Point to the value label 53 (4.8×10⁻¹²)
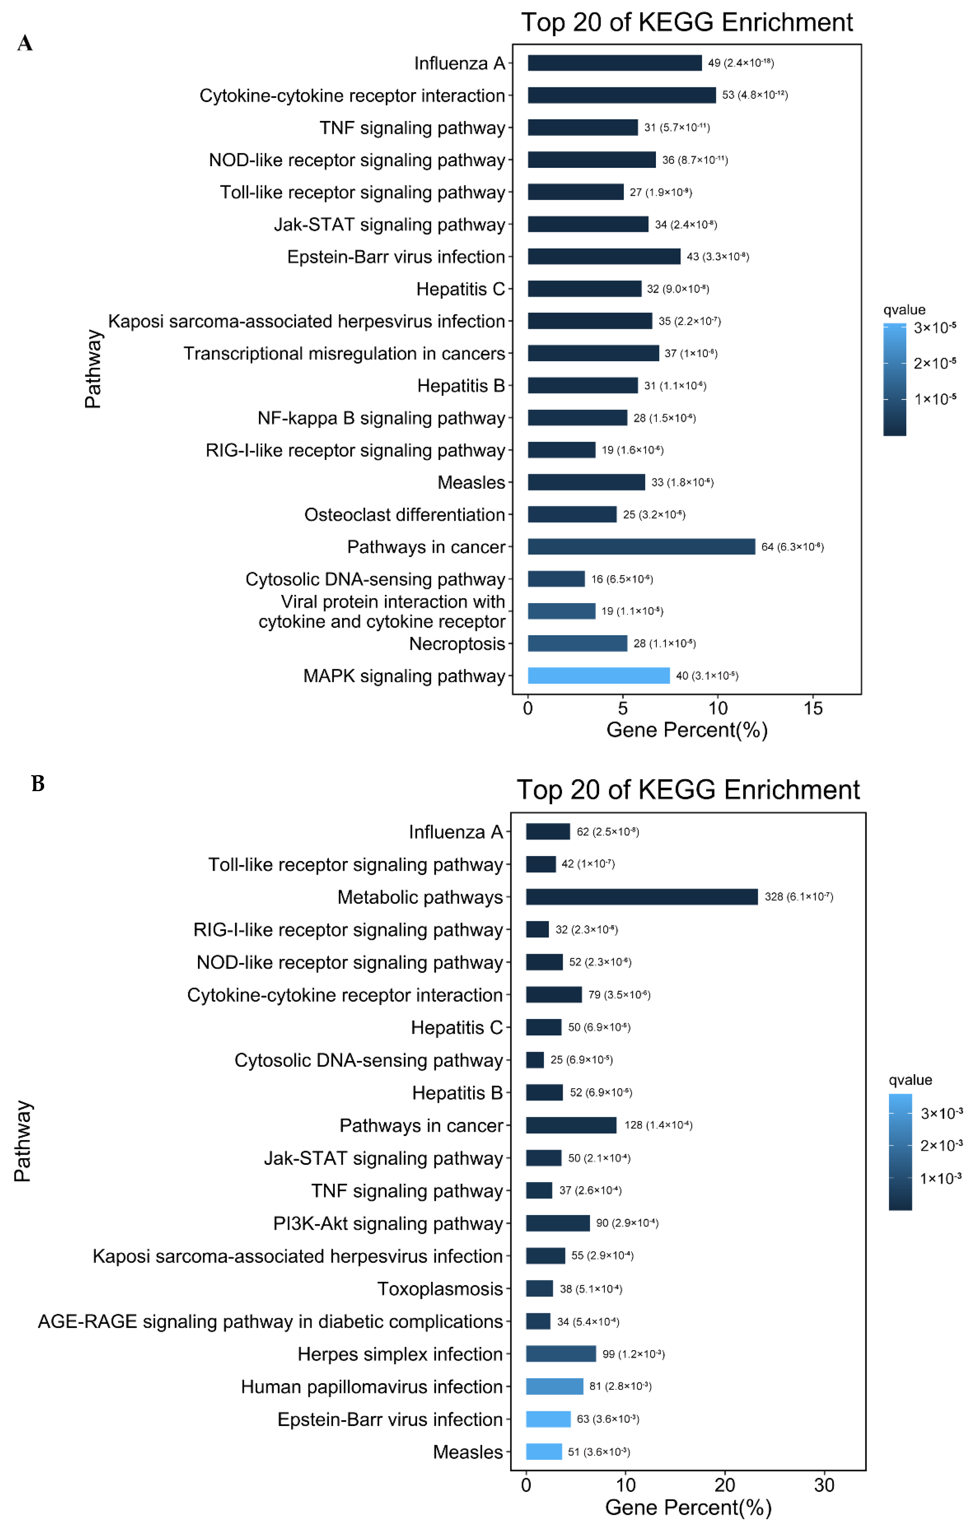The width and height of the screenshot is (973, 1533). pos(754,95)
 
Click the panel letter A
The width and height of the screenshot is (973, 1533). pos(25,43)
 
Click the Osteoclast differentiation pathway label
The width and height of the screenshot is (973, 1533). pos(404,514)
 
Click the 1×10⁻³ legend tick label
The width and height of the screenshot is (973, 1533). pos(941,1179)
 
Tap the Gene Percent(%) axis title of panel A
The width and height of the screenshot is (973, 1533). pos(686,729)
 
